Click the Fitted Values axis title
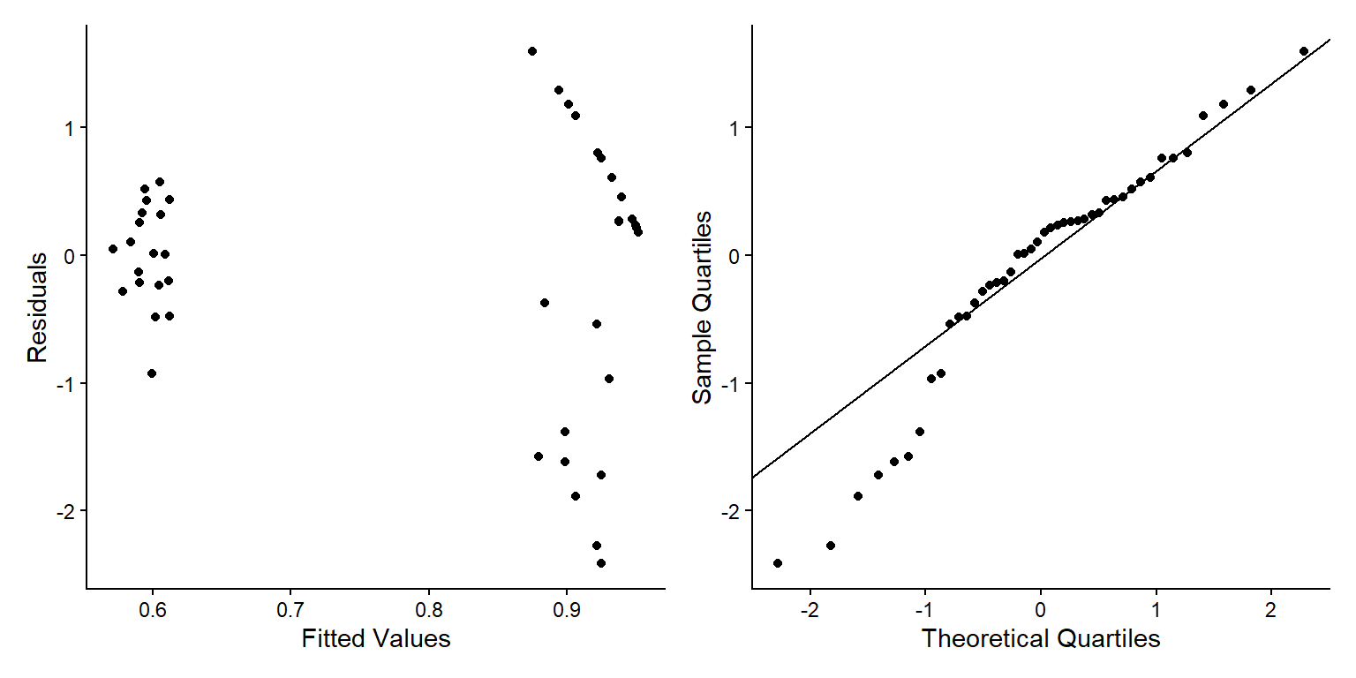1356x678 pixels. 376,639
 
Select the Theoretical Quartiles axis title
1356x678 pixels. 1041,639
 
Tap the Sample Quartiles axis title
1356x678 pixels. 702,307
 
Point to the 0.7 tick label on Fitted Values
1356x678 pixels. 290,608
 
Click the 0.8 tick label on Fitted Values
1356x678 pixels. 428,608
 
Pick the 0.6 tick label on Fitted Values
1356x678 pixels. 153,608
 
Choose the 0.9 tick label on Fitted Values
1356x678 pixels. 566,608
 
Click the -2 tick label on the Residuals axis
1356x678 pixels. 65,511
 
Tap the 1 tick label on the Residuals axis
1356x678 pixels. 71,128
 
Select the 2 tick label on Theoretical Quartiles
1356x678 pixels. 1271,608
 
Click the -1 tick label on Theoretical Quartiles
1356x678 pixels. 923,608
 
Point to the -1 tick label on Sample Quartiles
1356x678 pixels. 731,383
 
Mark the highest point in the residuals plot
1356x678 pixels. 532,51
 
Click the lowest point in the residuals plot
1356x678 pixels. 601,563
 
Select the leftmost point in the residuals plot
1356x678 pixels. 113,249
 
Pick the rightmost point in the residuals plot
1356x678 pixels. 638,232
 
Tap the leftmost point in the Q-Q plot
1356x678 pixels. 778,563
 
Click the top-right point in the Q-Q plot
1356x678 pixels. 1304,51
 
